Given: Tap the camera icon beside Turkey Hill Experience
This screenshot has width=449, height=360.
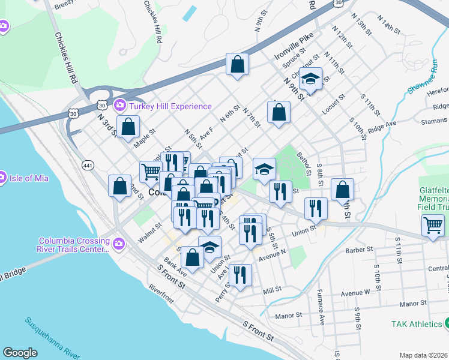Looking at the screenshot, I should (119, 106).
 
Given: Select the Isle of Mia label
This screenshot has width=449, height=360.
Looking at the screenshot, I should (29, 177).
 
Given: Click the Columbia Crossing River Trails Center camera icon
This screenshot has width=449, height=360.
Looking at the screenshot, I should (119, 243).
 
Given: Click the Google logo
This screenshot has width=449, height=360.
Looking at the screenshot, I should (20, 353).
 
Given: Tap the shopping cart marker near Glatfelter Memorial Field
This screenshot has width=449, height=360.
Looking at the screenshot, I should (433, 226).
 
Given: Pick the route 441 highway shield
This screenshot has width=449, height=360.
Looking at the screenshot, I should (88, 165).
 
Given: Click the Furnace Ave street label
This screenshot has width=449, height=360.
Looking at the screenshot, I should (321, 311).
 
